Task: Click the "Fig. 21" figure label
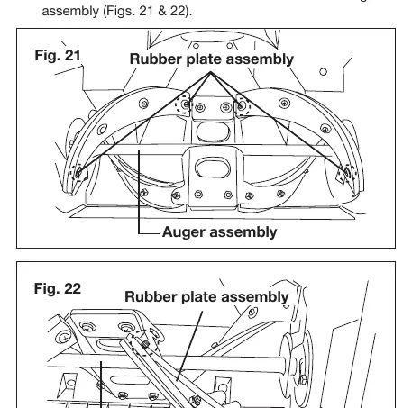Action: (x=58, y=55)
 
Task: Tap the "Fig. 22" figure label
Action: (x=58, y=288)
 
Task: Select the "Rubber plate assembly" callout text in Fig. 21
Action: (x=212, y=59)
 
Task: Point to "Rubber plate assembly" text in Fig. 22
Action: (x=206, y=296)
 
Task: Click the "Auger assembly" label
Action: (x=220, y=232)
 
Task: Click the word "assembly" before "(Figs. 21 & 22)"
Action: (x=70, y=12)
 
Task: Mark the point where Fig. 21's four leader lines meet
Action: (x=211, y=72)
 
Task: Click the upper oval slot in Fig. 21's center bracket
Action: (x=213, y=131)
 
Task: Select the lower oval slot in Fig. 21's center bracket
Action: (x=213, y=168)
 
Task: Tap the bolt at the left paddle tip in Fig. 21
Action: (x=78, y=172)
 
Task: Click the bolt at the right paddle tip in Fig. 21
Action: (x=346, y=172)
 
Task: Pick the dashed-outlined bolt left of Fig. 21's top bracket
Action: (x=186, y=104)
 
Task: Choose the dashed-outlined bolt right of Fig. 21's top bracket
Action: (x=241, y=105)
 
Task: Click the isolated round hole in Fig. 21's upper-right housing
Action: (x=323, y=72)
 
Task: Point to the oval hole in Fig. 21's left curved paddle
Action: (x=102, y=130)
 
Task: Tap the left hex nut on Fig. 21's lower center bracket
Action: (x=198, y=194)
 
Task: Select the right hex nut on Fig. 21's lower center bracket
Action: (x=228, y=195)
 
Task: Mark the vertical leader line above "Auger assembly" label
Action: (x=139, y=192)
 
